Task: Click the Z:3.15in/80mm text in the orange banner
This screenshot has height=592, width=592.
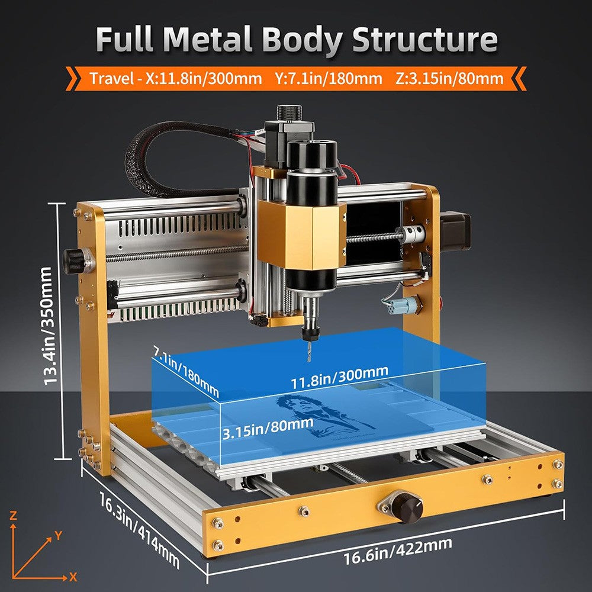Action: [x=448, y=78]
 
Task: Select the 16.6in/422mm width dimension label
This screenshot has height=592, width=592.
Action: [x=397, y=551]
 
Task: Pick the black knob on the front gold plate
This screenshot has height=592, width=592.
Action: [x=408, y=507]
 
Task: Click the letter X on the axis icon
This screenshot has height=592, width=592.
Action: [x=73, y=576]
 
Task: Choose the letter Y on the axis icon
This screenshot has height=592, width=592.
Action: [x=58, y=535]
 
